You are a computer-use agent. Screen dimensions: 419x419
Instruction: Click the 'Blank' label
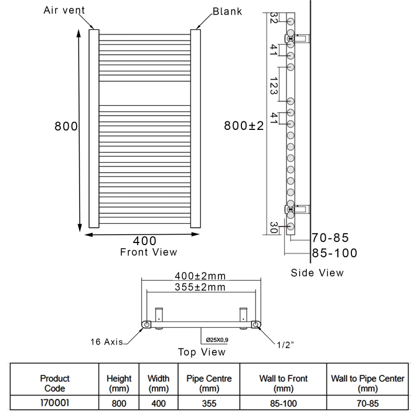[x=227, y=11]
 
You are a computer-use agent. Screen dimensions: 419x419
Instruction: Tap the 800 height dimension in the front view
[x=67, y=127]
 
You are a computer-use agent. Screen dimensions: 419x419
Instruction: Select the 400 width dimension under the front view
[x=145, y=241]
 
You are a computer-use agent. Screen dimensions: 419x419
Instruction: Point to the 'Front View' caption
[x=149, y=252]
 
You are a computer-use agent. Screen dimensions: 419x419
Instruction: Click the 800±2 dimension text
[x=244, y=126]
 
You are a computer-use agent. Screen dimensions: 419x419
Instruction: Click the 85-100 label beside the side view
[x=334, y=253]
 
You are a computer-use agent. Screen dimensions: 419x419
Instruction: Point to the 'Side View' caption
[x=317, y=272]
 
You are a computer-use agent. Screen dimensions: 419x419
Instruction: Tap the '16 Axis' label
[x=106, y=342]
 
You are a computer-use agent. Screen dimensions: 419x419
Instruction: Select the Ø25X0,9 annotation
[x=217, y=340]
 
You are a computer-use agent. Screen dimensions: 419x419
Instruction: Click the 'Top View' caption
[x=202, y=352]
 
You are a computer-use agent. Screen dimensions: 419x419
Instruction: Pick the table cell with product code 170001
[x=54, y=404]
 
